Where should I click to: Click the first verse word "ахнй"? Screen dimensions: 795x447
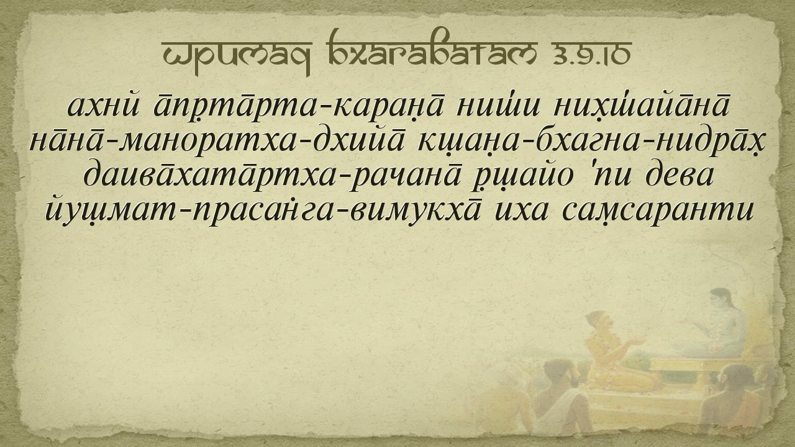tap(104, 106)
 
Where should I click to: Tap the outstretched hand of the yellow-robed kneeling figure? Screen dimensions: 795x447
tap(635, 341)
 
